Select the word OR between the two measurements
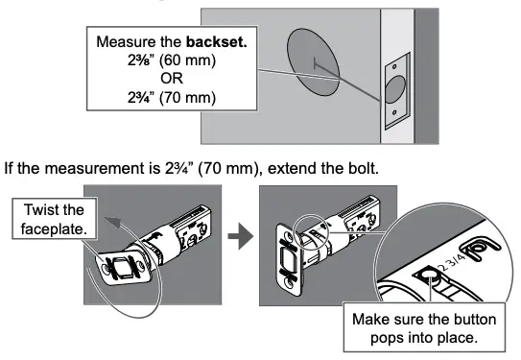click(x=157, y=80)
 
